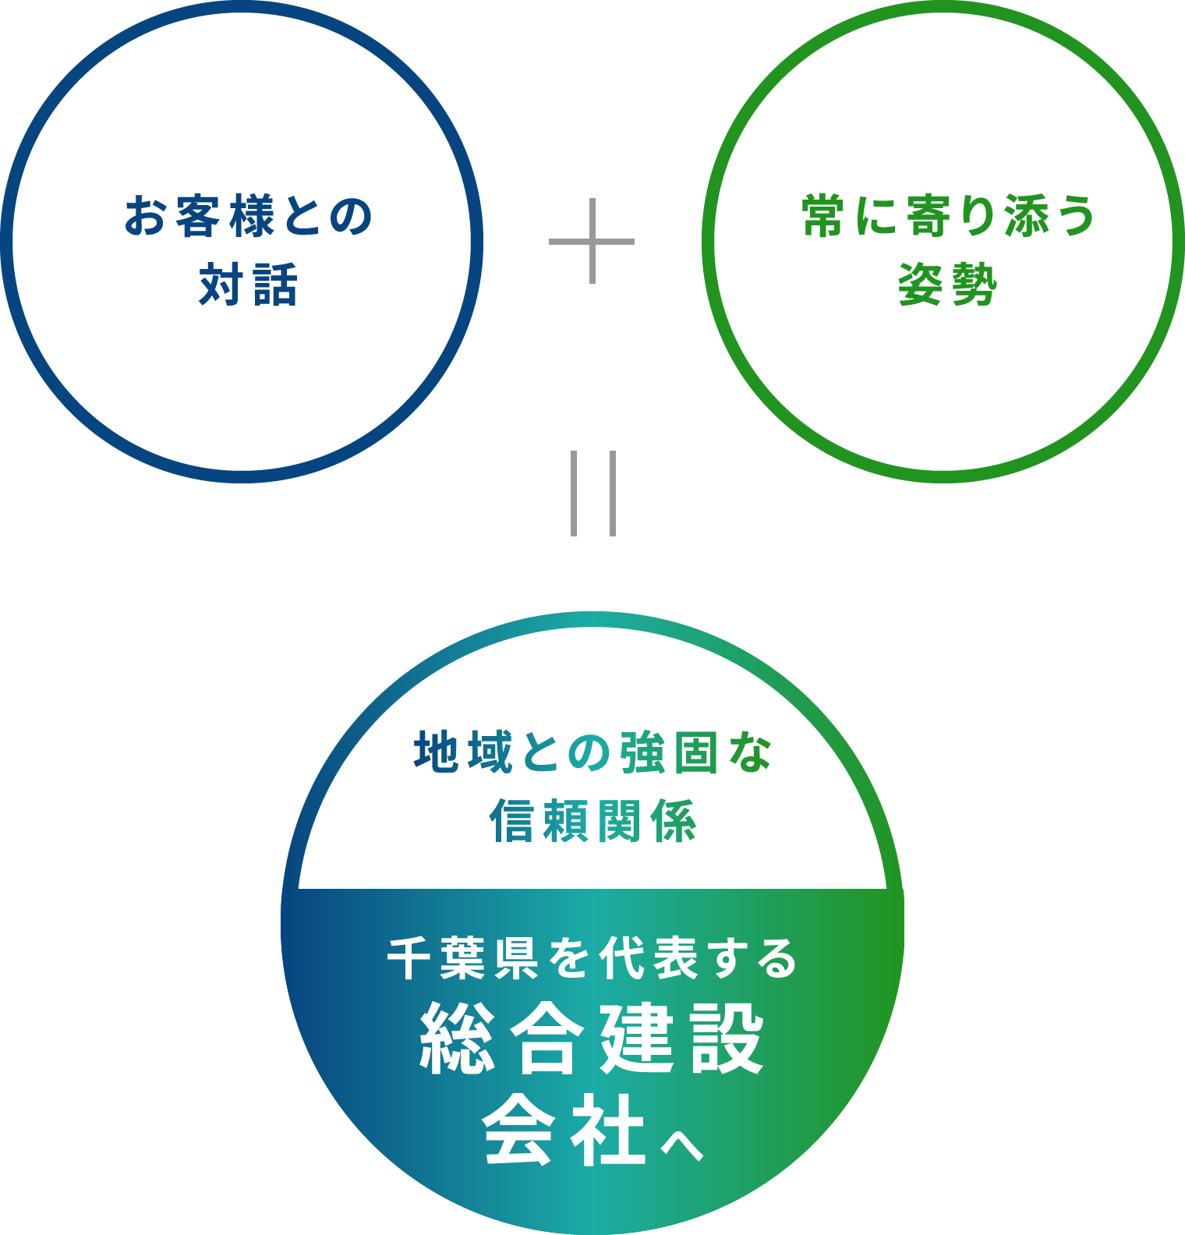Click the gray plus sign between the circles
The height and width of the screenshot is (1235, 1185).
click(x=592, y=241)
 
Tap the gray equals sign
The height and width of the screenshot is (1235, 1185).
click(x=593, y=493)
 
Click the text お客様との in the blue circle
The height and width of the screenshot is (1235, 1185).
click(x=249, y=216)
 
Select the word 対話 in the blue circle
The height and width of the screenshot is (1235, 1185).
click(x=249, y=285)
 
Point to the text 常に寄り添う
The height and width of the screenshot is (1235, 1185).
click(x=949, y=216)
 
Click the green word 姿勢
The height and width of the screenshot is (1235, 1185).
click(x=948, y=285)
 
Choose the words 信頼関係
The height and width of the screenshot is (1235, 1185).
click(x=592, y=821)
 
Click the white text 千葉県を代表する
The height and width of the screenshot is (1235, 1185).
click(x=592, y=958)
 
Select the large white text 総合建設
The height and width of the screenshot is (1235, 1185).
click(x=592, y=1039)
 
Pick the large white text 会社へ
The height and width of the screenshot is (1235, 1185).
click(x=592, y=1130)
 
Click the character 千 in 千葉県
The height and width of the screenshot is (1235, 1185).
click(x=410, y=958)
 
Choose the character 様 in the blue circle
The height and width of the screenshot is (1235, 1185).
click(x=252, y=216)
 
